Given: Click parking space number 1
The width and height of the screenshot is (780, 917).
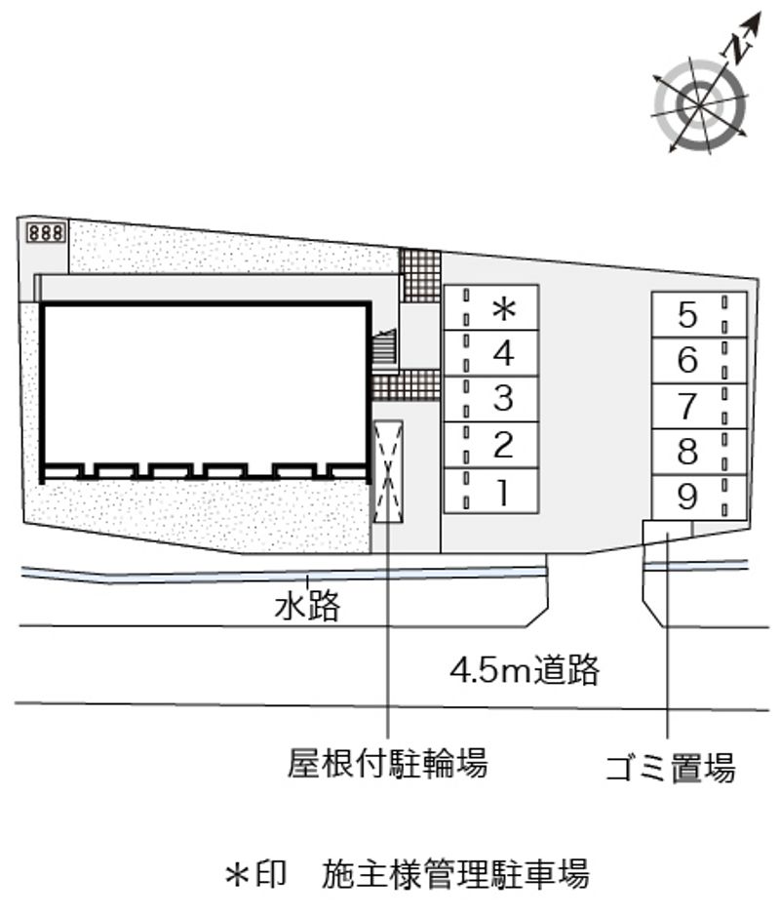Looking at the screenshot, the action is point(491,492).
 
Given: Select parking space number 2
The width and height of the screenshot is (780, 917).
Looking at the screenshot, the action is point(491,445).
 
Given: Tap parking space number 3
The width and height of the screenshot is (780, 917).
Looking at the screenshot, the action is point(491,399).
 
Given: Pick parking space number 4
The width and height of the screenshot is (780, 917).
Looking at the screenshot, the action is point(491,353).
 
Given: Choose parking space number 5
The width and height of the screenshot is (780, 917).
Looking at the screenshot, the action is point(699,315).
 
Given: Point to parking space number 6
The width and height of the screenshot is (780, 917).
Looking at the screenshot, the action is point(699,360).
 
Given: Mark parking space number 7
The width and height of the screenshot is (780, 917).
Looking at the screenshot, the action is point(699,407).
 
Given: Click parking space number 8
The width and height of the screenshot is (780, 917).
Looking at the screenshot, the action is point(699,452).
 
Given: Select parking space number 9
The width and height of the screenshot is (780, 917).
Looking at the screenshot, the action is point(699,498).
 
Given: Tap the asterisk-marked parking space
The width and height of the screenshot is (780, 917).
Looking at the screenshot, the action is point(491,307).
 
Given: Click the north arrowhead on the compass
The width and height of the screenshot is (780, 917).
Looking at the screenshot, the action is point(755,21).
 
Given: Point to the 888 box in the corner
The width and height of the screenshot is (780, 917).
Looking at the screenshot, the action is point(46,233).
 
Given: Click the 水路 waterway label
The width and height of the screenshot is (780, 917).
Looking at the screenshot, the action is point(307,607).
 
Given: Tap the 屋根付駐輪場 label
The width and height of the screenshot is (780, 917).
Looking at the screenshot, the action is point(387,763).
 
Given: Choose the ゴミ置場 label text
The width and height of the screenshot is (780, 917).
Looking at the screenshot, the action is point(671,768).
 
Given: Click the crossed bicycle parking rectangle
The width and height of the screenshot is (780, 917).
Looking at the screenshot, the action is point(388,471).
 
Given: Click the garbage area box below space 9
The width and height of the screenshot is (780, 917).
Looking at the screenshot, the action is point(668,532).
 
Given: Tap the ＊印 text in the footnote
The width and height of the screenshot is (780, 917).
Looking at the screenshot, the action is point(256,874).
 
